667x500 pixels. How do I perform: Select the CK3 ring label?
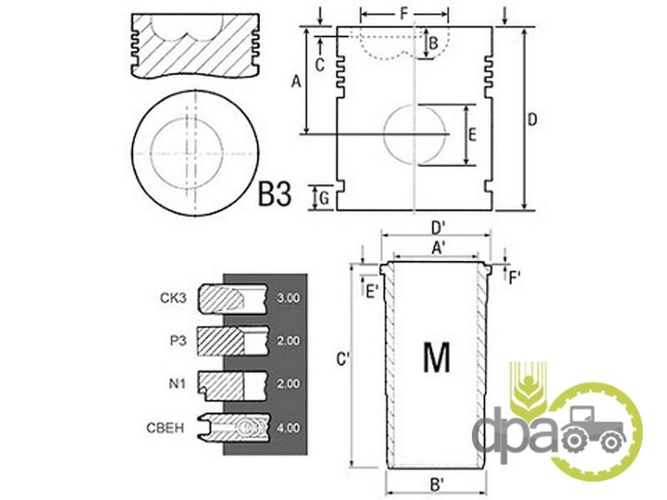pyautogui.click(x=173, y=297)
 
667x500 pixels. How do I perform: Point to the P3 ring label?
pyautogui.click(x=178, y=341)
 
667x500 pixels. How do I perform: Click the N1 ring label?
pyautogui.click(x=178, y=383)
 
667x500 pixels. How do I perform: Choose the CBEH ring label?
pyautogui.click(x=165, y=427)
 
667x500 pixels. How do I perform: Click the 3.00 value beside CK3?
pyautogui.click(x=288, y=298)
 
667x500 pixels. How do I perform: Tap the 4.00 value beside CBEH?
pyautogui.click(x=288, y=427)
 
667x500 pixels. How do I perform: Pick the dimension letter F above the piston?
pyautogui.click(x=404, y=14)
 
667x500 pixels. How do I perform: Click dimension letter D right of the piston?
pyautogui.click(x=532, y=119)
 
